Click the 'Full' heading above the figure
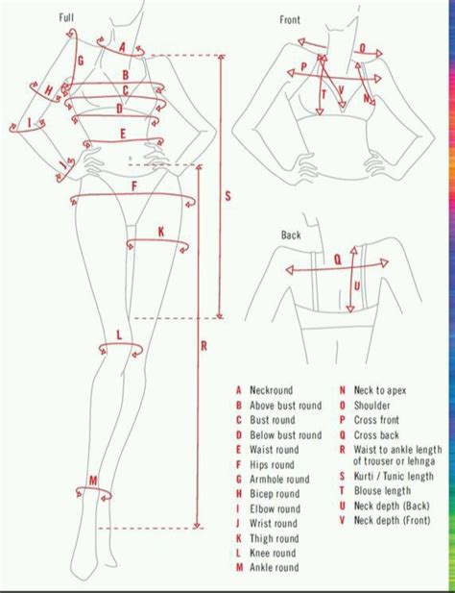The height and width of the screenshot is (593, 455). point(66,17)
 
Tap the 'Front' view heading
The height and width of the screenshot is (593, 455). point(290,19)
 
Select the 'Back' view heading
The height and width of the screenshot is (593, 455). point(291,235)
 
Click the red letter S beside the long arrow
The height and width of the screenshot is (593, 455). point(227,196)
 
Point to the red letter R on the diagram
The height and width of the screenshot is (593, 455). point(204,346)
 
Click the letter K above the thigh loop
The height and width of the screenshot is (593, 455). point(161,232)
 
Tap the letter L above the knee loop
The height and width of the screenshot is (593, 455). point(119,334)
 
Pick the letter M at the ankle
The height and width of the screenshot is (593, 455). point(93,481)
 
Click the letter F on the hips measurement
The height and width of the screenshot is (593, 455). point(134,186)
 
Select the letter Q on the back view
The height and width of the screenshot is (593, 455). point(338,259)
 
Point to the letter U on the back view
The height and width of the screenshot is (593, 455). point(357,286)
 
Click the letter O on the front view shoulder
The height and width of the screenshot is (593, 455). point(363,48)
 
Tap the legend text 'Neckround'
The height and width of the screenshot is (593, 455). point(271,390)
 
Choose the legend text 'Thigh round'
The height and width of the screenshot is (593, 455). point(275,538)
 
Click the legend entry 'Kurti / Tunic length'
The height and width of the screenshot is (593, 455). point(394,476)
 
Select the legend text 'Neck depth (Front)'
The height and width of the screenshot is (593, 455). point(392,520)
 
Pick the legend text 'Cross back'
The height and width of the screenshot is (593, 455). point(376,435)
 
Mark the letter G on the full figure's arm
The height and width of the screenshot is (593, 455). point(80,61)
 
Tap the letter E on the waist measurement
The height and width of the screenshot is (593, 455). point(123,134)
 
